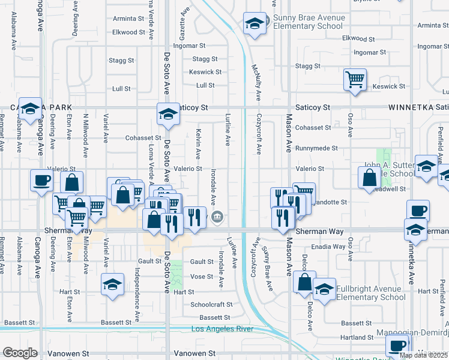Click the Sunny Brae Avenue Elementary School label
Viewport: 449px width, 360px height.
pos(308,22)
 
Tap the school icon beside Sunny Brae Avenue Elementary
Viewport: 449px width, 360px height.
pos(255,25)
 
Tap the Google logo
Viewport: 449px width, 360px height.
pos(19,353)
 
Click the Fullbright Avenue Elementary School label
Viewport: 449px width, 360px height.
pos(371,293)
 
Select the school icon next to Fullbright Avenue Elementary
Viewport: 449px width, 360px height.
pos(324,291)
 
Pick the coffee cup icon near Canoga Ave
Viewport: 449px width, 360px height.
pos(42,181)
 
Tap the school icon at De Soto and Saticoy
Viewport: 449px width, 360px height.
pos(169,114)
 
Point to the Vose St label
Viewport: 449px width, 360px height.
pos(202,277)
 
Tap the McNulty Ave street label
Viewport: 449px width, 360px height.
pos(257,82)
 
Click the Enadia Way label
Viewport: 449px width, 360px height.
pos(329,247)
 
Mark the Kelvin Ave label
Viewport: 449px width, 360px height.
pos(197,142)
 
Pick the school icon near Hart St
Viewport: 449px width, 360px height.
pos(112,286)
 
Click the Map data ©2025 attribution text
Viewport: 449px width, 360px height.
pos(423,355)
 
